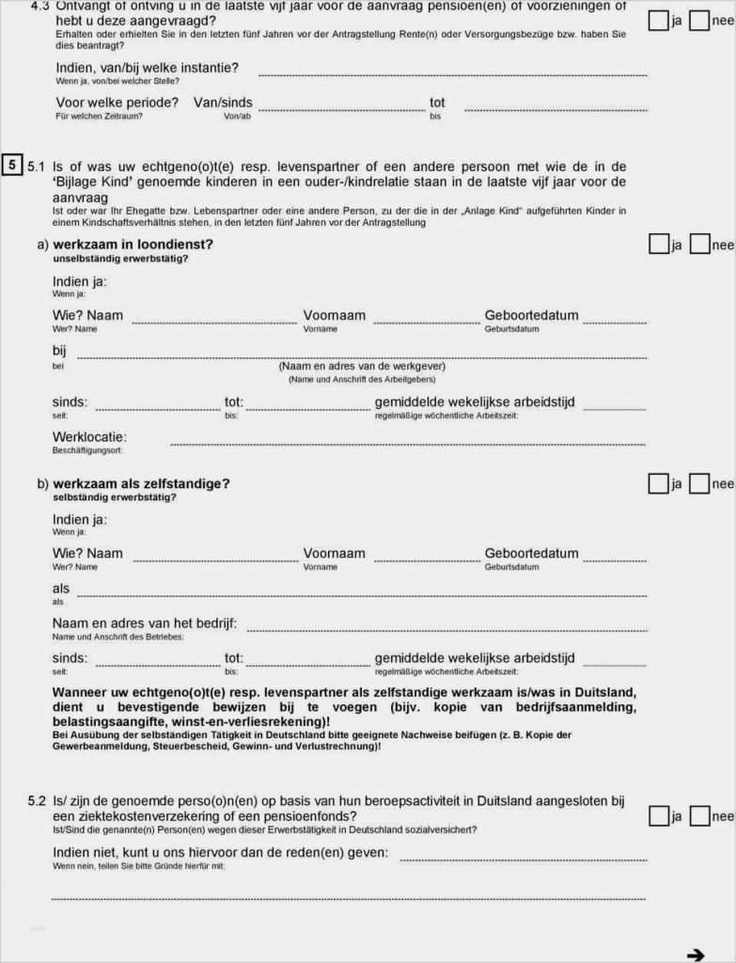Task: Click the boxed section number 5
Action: [x=12, y=166]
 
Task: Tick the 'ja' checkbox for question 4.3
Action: [x=658, y=20]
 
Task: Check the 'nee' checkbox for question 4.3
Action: [x=699, y=20]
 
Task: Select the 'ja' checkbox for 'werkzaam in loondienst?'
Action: [x=658, y=245]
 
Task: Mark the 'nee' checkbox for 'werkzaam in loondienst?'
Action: [x=699, y=245]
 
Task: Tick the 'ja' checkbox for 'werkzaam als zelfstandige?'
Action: [x=658, y=483]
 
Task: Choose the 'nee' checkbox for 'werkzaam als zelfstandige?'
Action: [x=699, y=483]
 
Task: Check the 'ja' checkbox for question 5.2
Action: [x=658, y=816]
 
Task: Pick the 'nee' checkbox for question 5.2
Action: [x=699, y=816]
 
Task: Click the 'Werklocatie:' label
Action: [x=89, y=437]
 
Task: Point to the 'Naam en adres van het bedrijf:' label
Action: [x=144, y=624]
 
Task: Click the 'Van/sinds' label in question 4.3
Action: [x=223, y=103]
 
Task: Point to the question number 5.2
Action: [x=37, y=801]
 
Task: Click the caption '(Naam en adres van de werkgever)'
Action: [x=362, y=366]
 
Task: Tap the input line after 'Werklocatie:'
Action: [x=408, y=442]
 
